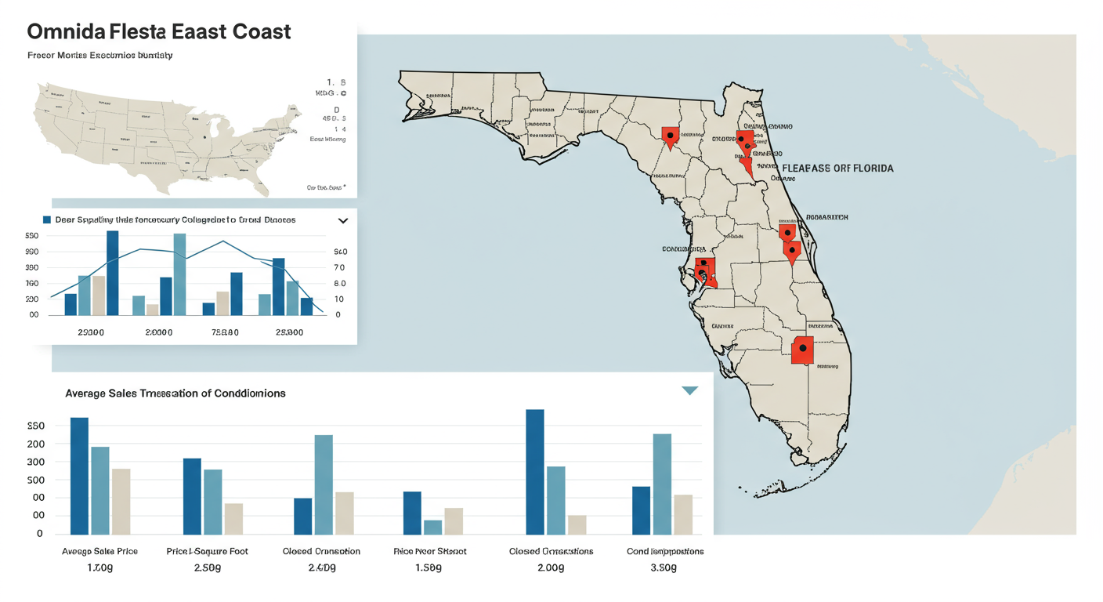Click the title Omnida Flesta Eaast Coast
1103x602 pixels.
159,32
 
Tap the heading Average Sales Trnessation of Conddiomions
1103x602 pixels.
175,393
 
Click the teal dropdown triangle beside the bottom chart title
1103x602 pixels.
689,390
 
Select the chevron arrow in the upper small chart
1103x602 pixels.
342,221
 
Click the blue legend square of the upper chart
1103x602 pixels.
47,220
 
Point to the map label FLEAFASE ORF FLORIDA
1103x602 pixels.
837,168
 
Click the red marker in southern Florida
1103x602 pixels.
802,350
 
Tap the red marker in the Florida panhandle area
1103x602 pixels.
670,137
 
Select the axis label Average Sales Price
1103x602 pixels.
99,551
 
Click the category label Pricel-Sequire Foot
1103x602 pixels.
208,551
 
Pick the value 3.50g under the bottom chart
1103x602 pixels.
664,567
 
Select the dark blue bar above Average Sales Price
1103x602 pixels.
79,475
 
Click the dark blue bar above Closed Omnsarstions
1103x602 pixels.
534,471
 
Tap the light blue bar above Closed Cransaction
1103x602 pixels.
324,484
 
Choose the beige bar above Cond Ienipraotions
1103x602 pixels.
683,514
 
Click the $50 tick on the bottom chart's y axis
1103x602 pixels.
35,426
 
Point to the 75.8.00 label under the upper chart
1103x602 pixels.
225,332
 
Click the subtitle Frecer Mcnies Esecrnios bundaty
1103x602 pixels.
100,56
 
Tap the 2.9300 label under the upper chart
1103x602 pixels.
91,332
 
